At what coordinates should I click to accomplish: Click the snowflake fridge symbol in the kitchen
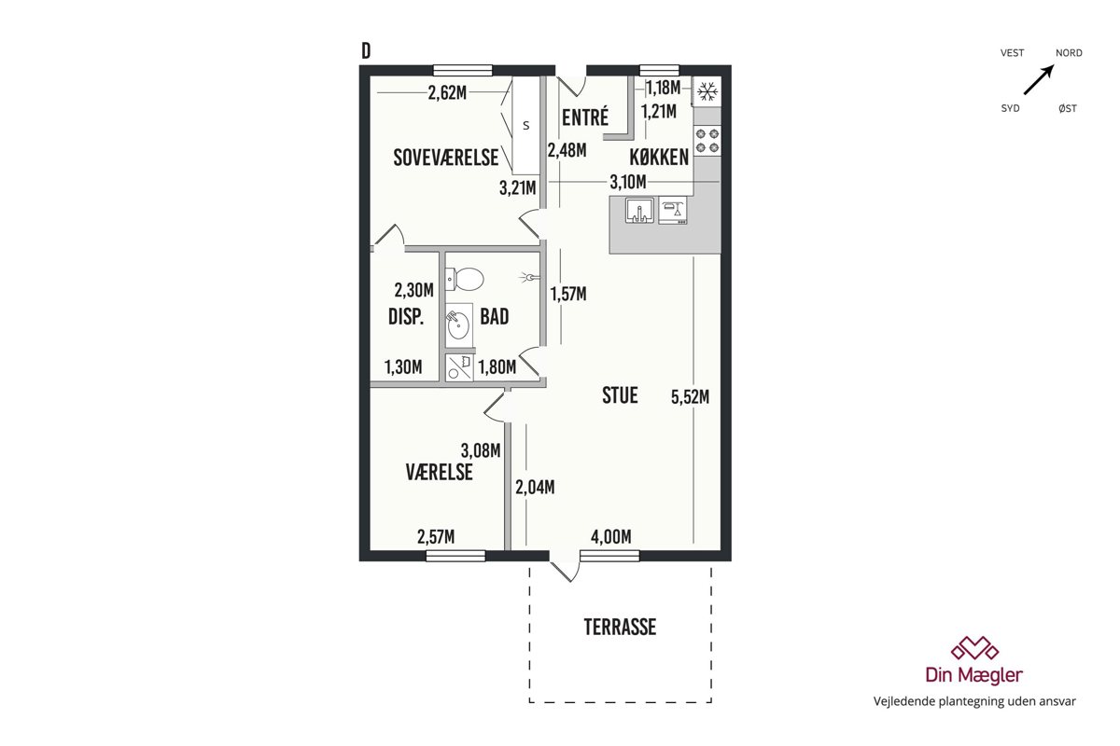[x=707, y=91]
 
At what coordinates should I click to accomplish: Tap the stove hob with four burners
[x=707, y=141]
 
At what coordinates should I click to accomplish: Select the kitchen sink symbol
[x=639, y=211]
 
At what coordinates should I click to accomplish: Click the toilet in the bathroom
[x=465, y=280]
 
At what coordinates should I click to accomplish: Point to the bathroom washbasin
[x=458, y=325]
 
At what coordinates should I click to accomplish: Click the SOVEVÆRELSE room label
[x=445, y=158]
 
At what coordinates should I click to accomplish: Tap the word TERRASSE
[x=620, y=627]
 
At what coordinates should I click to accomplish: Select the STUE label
[x=620, y=395]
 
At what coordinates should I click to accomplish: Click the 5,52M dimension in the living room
[x=690, y=397]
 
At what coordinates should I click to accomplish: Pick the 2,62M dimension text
[x=447, y=92]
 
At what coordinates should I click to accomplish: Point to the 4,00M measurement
[x=611, y=537]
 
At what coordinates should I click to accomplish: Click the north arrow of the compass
[x=1039, y=79]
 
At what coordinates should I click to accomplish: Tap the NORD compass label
[x=1069, y=53]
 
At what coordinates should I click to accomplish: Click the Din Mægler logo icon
[x=974, y=648]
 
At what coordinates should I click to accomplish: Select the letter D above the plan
[x=366, y=51]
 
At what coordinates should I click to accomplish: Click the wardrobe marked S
[x=526, y=125]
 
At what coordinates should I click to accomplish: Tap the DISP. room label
[x=406, y=317]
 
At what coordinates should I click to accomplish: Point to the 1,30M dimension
[x=403, y=367]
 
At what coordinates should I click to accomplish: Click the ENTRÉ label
[x=585, y=117]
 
